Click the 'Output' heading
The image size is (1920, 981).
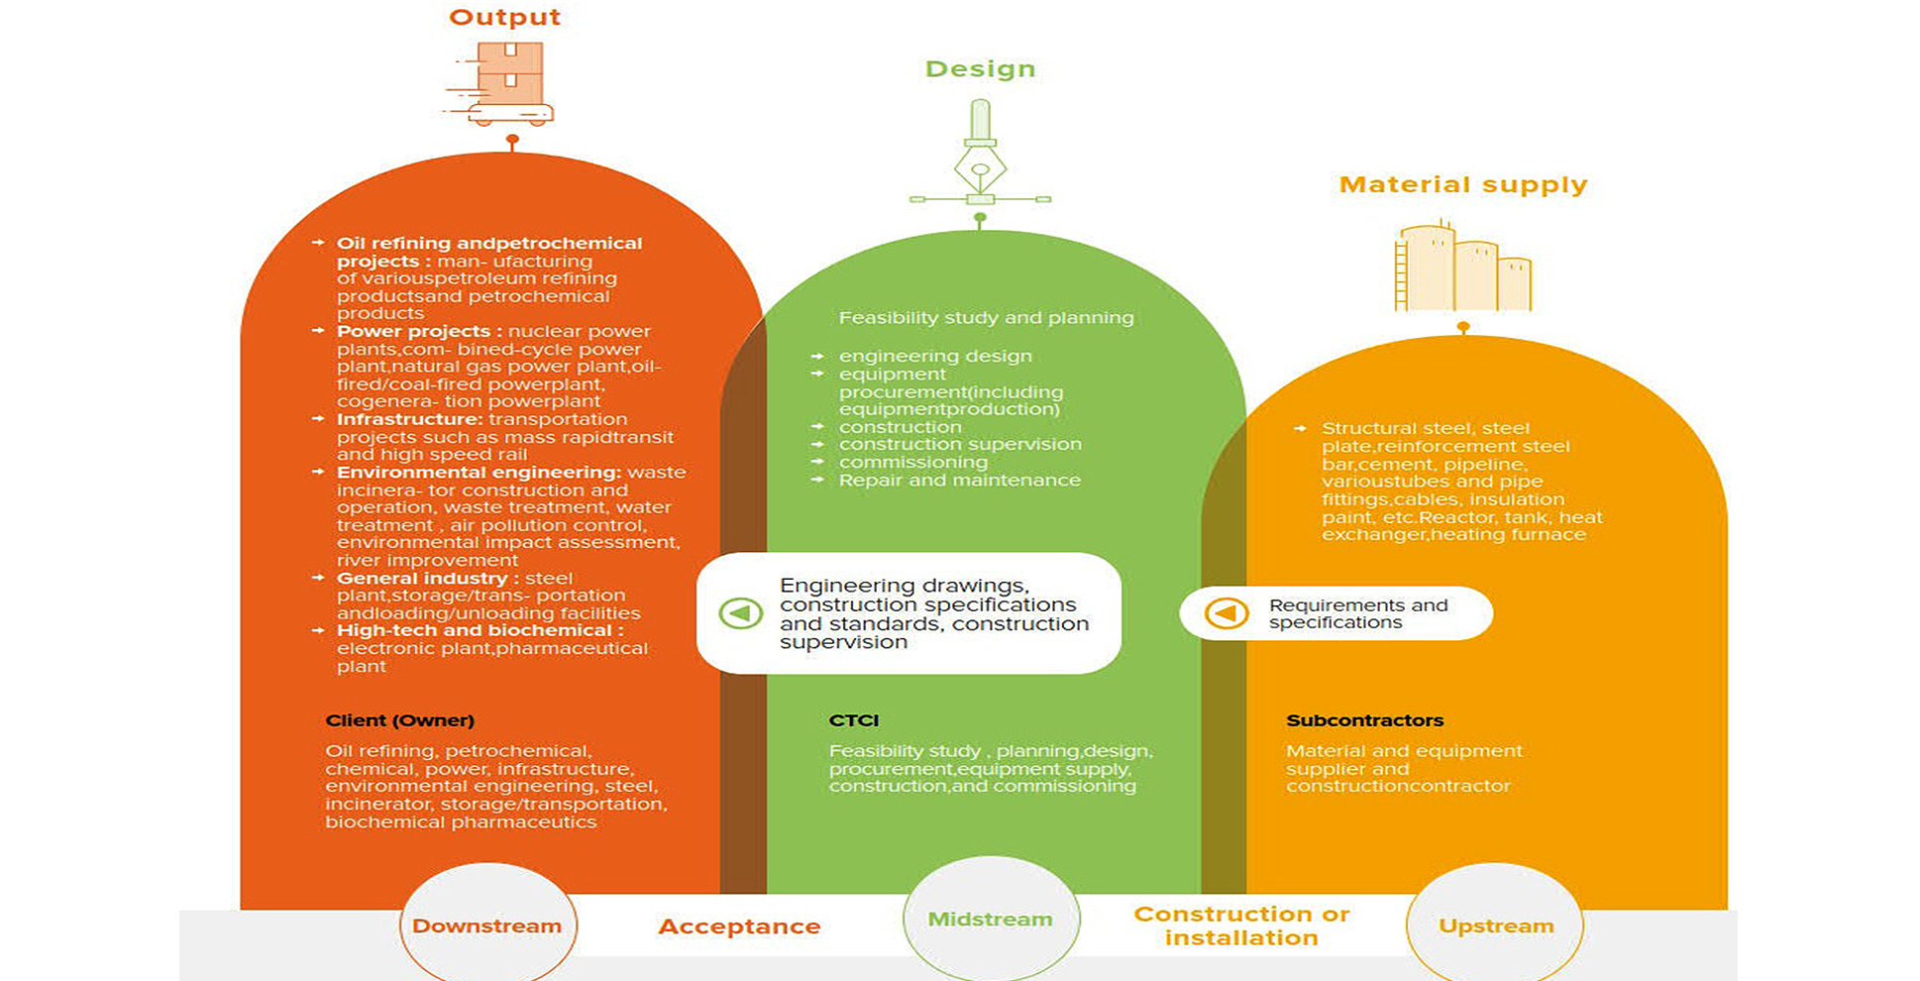tap(505, 17)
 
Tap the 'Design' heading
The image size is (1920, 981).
tap(980, 68)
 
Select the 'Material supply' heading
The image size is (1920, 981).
tap(1463, 184)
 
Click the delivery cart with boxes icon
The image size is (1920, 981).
tap(500, 83)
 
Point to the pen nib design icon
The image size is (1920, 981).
tap(980, 153)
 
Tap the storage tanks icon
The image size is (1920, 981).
tap(1463, 267)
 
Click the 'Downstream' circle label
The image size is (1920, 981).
tap(486, 926)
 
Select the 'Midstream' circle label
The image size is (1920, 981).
tap(990, 920)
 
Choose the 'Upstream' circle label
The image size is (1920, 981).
tap(1496, 926)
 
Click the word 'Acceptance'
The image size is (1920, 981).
tap(739, 926)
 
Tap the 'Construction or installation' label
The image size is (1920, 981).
tap(1241, 926)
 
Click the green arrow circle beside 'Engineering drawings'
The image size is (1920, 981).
tap(740, 613)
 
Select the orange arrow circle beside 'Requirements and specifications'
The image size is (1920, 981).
tap(1226, 613)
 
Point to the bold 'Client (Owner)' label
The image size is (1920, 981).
tap(399, 720)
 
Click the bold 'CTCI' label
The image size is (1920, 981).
tap(854, 720)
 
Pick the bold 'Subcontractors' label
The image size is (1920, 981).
tap(1364, 720)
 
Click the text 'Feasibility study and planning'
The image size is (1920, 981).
tap(986, 318)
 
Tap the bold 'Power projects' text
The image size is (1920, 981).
tap(413, 331)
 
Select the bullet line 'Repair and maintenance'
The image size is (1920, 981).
tap(959, 480)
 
